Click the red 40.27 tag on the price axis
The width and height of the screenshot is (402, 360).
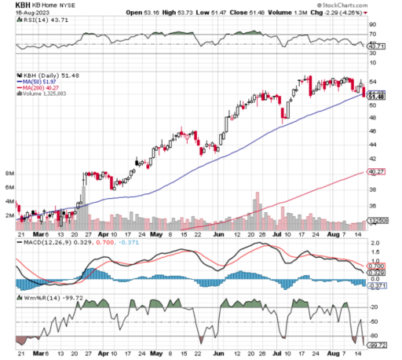click(x=375, y=172)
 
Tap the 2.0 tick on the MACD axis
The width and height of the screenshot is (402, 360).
click(x=374, y=244)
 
